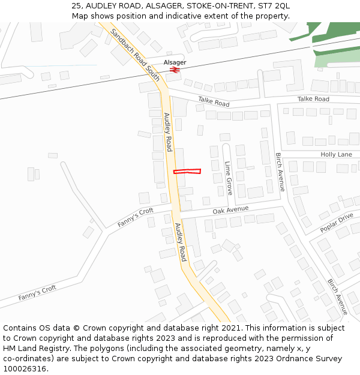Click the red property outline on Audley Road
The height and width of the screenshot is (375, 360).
point(187,172)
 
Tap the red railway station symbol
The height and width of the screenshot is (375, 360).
point(175,70)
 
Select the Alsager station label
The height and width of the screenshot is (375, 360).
point(175,62)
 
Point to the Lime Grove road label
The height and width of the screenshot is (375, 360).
point(228,178)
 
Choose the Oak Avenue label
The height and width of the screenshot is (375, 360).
point(230,209)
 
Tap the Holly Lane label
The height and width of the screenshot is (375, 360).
point(336,154)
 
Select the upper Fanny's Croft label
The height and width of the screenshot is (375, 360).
point(135,217)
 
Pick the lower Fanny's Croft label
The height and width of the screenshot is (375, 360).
point(37,292)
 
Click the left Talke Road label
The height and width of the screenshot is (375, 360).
point(214,103)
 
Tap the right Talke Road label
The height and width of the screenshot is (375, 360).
point(313,98)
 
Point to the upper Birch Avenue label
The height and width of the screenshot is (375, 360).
point(280,172)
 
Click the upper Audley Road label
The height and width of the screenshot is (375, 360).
point(168,132)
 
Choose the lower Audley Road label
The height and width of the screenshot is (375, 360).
point(181,242)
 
